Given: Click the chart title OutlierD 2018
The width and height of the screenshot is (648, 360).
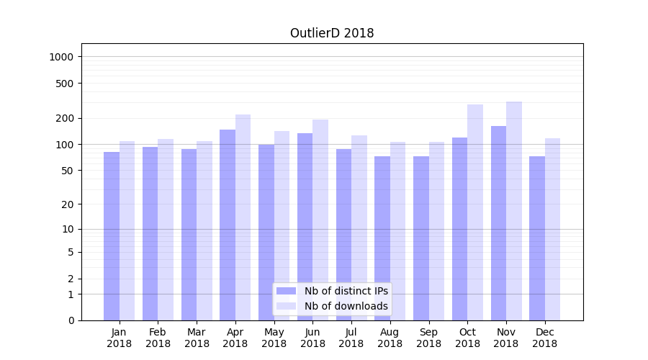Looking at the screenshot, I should [332, 33].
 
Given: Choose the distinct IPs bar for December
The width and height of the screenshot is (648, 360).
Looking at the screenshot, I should [537, 238].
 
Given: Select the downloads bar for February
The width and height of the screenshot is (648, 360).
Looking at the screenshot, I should [166, 230].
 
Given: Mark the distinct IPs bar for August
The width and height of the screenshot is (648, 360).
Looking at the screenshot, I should [382, 238].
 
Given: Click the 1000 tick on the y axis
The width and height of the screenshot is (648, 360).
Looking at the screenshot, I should [62, 57].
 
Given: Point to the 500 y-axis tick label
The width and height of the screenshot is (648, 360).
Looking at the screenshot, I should [65, 84].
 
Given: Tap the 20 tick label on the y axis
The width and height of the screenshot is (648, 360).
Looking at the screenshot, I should [68, 204].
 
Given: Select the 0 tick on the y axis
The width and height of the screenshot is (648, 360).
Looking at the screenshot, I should [71, 320].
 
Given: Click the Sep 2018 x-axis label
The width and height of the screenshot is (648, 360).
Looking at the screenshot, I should [428, 338].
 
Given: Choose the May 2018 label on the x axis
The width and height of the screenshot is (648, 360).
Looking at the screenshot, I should [274, 338].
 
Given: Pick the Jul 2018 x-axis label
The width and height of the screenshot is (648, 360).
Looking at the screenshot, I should [351, 338].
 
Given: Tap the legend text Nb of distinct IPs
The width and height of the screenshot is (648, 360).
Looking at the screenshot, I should [346, 291].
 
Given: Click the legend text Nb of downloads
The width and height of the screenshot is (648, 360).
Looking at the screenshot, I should [346, 306].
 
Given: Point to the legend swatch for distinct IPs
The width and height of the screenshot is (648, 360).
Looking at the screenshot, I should [287, 291].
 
